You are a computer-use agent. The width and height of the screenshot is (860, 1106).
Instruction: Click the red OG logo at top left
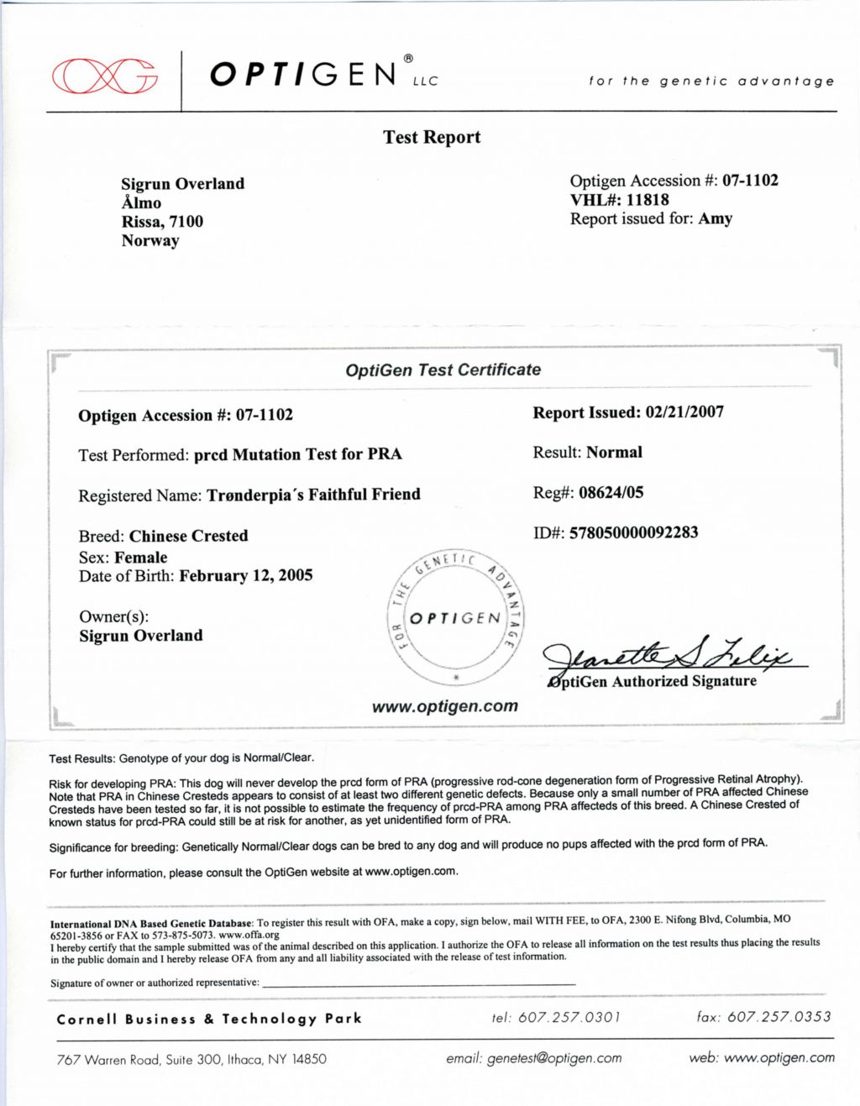click(105, 76)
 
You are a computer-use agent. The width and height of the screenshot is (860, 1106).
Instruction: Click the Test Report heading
click(432, 137)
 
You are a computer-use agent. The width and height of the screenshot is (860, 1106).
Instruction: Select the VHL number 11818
click(648, 200)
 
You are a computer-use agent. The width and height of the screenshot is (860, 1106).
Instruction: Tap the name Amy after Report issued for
click(716, 218)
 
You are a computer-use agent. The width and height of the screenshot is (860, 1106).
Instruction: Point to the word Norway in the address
click(150, 241)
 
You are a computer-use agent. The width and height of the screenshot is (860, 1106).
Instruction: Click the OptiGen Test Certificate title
click(443, 370)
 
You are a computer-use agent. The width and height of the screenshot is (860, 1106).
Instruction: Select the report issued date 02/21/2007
click(684, 412)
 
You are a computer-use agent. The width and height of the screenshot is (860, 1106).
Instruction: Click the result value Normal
click(614, 453)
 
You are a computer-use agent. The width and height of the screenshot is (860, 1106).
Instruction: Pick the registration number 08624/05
click(611, 493)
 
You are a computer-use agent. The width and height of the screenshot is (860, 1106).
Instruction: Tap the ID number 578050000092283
click(633, 532)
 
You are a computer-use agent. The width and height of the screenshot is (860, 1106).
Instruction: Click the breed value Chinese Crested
click(189, 536)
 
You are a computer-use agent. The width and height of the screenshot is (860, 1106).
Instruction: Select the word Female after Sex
click(141, 558)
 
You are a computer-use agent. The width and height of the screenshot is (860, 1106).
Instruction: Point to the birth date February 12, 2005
click(246, 576)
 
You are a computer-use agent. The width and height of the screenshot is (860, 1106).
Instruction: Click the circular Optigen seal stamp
click(456, 618)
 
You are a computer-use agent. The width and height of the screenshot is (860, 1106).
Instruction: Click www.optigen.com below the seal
click(445, 706)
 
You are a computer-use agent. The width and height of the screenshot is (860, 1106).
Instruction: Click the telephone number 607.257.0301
click(569, 1017)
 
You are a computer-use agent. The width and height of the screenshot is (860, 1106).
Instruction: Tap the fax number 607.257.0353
click(779, 1017)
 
